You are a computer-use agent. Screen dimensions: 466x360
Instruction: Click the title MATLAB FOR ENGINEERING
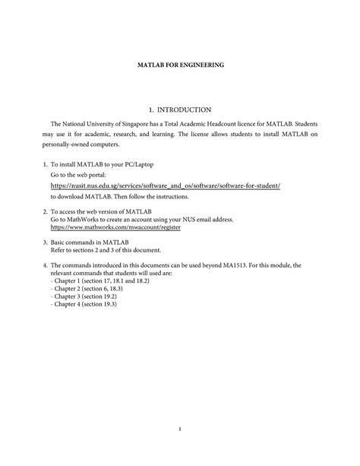click(180, 66)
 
